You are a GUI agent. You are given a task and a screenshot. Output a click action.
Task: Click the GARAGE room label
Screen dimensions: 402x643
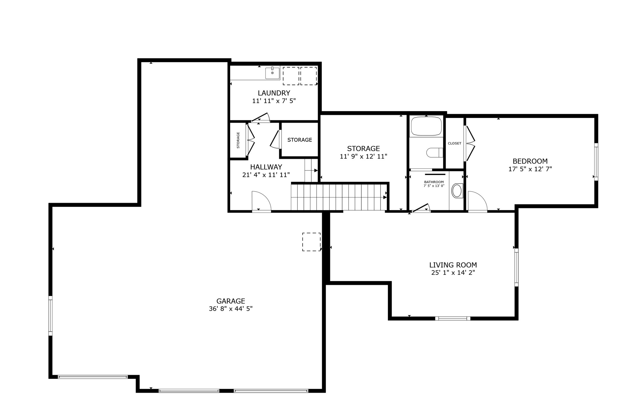(230, 301)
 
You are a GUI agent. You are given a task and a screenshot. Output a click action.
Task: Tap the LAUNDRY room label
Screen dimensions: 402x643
(274, 93)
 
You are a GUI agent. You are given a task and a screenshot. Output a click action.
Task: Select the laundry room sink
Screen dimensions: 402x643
(272, 73)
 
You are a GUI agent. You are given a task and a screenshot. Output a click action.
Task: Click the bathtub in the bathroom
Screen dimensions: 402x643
(426, 126)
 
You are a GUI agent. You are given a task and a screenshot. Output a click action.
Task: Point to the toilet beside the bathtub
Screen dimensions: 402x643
(434, 153)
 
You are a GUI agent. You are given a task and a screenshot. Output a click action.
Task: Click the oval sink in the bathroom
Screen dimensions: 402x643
(457, 191)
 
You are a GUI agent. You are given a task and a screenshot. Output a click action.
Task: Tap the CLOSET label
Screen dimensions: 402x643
(454, 143)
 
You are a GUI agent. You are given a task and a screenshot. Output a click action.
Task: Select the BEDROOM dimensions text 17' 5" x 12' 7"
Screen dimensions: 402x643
(530, 169)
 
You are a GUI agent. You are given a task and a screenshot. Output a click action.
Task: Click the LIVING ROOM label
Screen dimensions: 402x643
(453, 265)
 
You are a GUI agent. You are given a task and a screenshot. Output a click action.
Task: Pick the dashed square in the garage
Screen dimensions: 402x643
(311, 242)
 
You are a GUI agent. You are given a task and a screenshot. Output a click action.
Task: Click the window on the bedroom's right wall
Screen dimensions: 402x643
(596, 162)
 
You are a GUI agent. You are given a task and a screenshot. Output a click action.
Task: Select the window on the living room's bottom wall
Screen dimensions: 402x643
(452, 318)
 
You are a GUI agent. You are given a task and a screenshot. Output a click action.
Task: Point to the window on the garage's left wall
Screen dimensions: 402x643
(50, 316)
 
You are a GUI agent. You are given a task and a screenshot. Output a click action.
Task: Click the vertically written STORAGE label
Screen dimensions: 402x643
(238, 140)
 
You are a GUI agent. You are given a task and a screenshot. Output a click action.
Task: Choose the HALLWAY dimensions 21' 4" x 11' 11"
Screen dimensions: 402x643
(266, 175)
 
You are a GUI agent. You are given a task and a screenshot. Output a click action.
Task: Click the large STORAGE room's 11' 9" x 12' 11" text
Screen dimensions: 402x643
(363, 156)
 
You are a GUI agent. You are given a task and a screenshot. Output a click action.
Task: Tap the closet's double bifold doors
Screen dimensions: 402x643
(469, 143)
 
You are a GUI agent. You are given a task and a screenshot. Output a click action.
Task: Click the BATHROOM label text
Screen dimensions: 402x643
(434, 182)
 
